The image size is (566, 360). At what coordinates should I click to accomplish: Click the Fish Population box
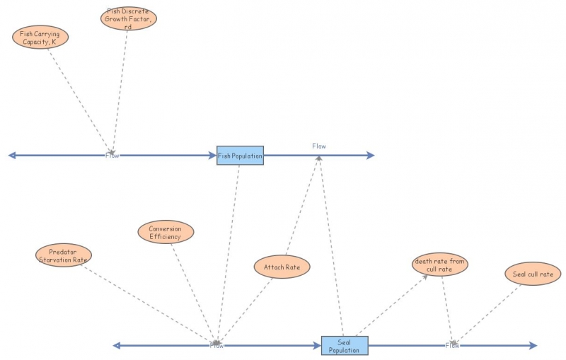tap(240, 155)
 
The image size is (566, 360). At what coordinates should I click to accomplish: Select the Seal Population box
tap(345, 345)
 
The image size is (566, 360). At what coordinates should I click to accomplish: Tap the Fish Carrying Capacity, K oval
tap(40, 37)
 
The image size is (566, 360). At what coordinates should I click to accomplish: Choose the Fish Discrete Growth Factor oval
tap(128, 18)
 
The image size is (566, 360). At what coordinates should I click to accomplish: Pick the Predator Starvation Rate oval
tap(63, 255)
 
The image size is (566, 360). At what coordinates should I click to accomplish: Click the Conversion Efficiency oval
tap(166, 232)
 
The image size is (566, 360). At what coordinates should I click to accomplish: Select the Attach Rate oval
tap(282, 267)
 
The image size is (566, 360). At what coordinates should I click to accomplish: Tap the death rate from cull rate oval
tap(439, 265)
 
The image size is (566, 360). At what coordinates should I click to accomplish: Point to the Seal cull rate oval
tap(533, 274)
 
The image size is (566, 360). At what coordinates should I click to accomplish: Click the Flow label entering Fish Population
tap(112, 155)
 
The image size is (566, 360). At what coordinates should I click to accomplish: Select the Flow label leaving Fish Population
tap(319, 146)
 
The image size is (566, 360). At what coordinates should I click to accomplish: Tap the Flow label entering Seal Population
tap(216, 345)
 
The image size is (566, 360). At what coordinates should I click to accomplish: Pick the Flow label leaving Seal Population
tap(453, 345)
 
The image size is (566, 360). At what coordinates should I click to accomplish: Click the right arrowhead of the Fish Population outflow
tap(371, 155)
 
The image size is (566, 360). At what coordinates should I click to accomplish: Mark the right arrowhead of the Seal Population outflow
tap(533, 345)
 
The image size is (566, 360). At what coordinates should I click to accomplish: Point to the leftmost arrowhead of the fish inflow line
tap(12, 155)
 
